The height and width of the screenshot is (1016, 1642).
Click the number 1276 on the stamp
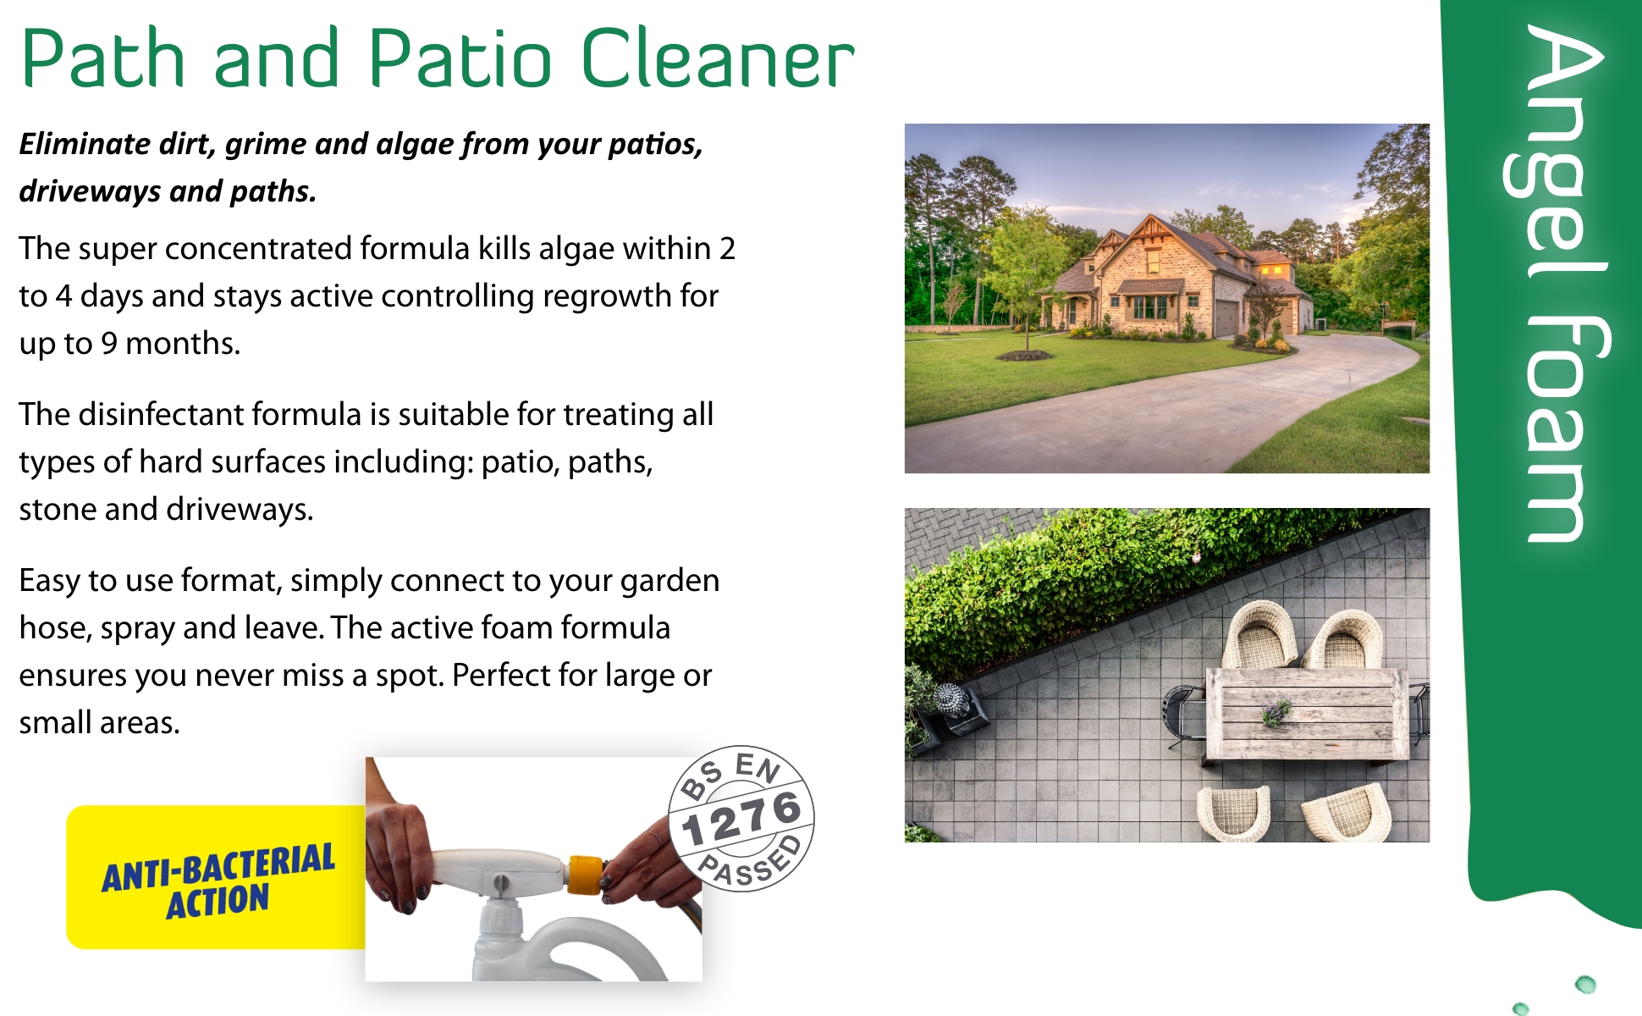742,818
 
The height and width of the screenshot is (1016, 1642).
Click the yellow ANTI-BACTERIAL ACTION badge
217,877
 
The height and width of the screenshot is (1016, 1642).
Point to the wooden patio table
1307,714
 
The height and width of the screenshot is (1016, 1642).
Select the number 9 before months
109,344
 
